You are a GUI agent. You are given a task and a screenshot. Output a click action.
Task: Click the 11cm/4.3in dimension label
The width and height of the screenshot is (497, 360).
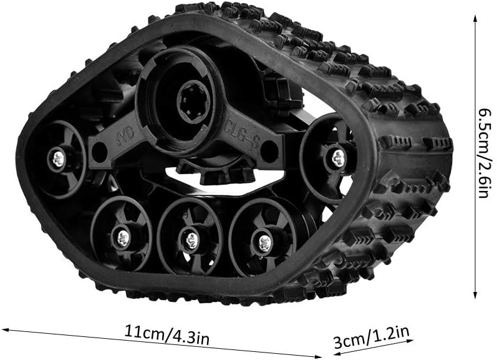[166, 334]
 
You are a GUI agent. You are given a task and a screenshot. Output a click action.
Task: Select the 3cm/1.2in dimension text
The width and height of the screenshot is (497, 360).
[372, 338]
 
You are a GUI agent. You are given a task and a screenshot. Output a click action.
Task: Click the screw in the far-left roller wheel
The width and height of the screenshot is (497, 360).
[59, 158]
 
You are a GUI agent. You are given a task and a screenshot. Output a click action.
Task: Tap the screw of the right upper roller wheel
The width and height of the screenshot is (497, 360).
[339, 158]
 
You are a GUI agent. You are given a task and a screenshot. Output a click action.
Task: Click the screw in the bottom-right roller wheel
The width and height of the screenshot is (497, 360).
[264, 242]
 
